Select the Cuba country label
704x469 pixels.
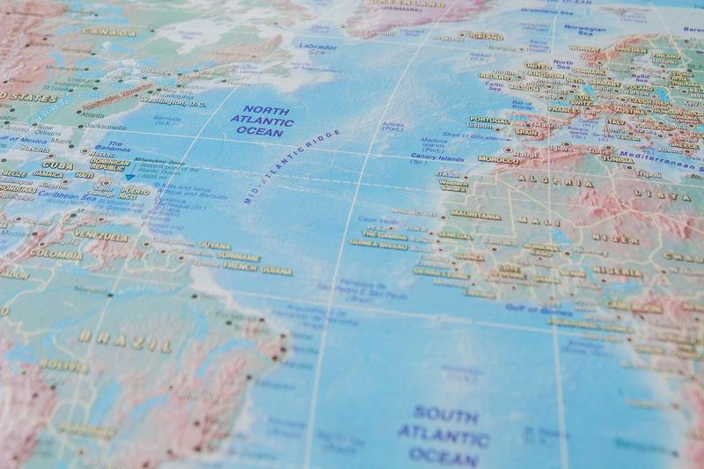[57, 165]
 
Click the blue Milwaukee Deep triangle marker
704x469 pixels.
[130, 178]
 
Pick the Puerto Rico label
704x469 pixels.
[134, 191]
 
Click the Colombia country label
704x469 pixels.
[55, 254]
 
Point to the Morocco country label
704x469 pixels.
[498, 160]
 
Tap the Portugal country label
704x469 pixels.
[489, 120]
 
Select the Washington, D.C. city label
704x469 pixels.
[173, 102]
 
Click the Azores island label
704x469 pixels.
[393, 128]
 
